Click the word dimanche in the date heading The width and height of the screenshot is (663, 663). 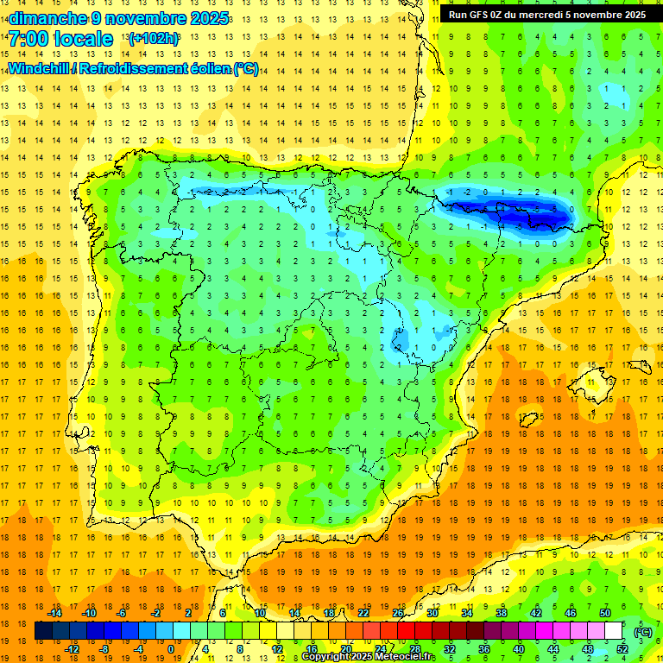tap(47, 18)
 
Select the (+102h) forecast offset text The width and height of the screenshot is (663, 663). tap(153, 39)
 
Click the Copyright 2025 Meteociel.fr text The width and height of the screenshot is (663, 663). tap(368, 657)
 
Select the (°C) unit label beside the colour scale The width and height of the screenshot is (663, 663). tap(642, 632)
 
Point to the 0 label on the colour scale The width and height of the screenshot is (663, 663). tap(171, 649)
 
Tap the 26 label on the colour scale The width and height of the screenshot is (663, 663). tap(398, 613)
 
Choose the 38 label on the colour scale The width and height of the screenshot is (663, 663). tap(502, 613)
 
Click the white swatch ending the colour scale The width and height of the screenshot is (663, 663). tap(613, 631)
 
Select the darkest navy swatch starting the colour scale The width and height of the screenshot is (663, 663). tap(43, 631)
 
